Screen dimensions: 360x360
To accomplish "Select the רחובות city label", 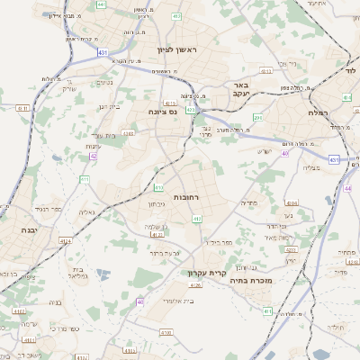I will [x=185, y=196].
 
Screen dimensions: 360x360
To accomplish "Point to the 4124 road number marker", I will [x=65, y=240].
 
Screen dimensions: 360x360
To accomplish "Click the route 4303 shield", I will [x=128, y=133].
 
